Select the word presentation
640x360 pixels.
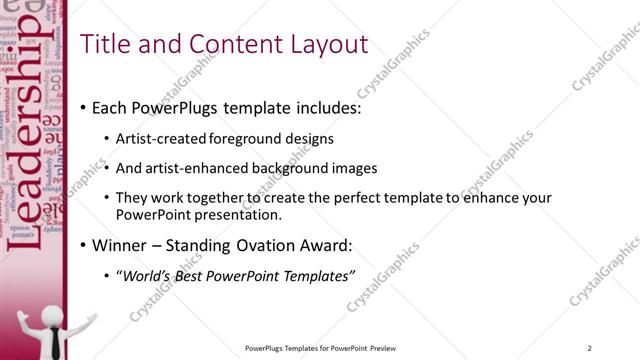[241, 214]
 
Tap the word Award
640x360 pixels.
[324, 245]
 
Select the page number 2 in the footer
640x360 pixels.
[591, 348]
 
